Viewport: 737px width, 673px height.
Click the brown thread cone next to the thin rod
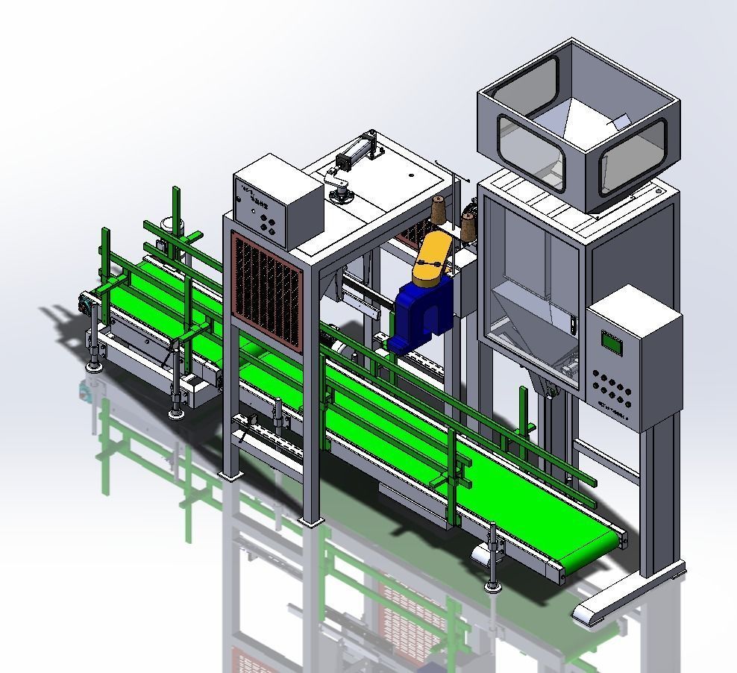pyautogui.click(x=468, y=224)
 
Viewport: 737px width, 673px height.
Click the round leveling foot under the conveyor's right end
pyautogui.click(x=492, y=586)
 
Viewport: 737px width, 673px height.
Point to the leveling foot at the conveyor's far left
pyautogui.click(x=93, y=365)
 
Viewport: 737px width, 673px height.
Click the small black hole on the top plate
pyautogui.click(x=411, y=176)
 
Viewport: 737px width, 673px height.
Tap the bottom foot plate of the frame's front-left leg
pyautogui.click(x=230, y=473)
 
